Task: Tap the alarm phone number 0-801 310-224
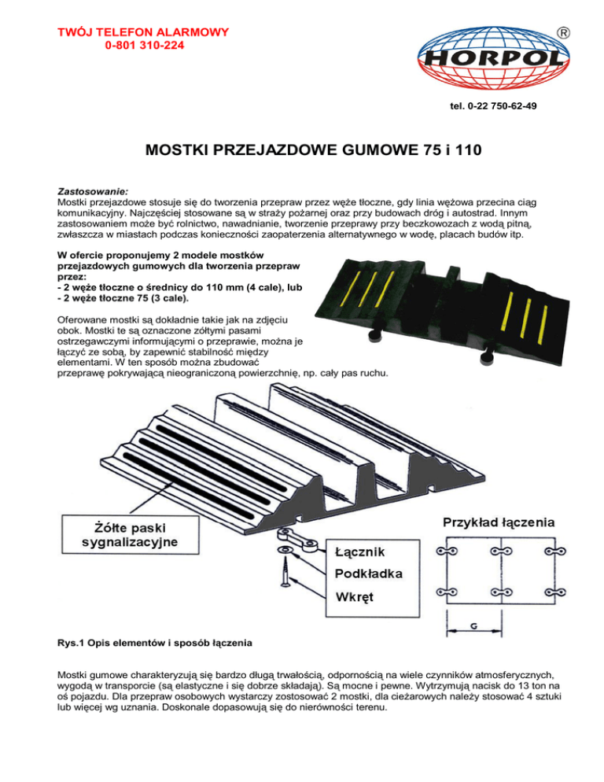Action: tap(142, 46)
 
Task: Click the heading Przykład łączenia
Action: tap(499, 522)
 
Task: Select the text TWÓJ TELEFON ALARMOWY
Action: tap(142, 32)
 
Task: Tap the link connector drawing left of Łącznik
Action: tap(295, 545)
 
